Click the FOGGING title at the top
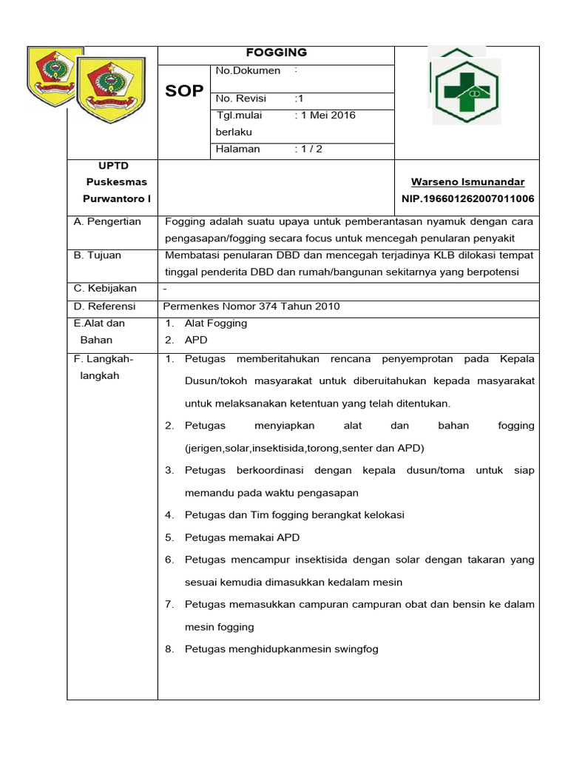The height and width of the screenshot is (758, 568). pos(276,53)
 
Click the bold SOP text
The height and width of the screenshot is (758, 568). pos(184,90)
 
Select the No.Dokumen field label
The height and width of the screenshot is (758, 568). pos(248,71)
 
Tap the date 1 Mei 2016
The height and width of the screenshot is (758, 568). pos(325,115)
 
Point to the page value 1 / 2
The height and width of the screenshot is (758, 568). pos(308,149)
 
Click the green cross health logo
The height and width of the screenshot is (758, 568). pos(467,92)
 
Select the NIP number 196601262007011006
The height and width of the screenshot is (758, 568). pos(467,199)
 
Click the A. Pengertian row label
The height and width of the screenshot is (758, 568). pos(107,222)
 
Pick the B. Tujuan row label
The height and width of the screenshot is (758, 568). pos(98,255)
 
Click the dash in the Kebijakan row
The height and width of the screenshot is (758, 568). pos(165,289)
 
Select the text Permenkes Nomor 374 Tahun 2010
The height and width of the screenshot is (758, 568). pos(251,306)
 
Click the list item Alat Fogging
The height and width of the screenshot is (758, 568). pos(215,323)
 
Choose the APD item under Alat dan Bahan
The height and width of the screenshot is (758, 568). pos(196,341)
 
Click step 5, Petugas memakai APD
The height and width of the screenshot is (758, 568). pos(242,537)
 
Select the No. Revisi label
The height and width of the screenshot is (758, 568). pos(241,98)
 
